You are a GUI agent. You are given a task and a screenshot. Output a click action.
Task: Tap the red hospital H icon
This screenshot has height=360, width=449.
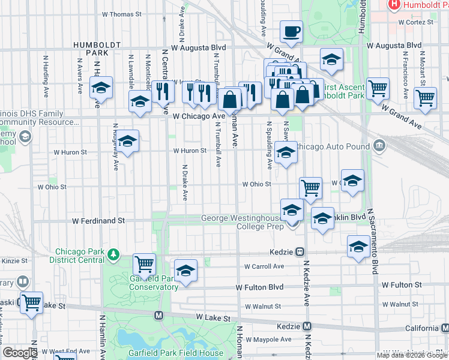coord(394,5)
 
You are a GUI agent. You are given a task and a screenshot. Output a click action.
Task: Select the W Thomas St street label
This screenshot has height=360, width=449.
coord(121,13)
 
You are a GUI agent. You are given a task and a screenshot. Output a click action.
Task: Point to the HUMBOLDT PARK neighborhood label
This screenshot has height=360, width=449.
coord(91,49)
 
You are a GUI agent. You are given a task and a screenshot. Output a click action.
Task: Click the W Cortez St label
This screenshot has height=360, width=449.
coord(411,22)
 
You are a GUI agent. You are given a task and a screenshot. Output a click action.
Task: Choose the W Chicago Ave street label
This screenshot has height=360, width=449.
coord(198,116)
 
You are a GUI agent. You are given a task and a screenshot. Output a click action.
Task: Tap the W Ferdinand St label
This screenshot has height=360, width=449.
coord(98,221)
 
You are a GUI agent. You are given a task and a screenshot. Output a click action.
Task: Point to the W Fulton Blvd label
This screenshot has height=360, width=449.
coord(259,288)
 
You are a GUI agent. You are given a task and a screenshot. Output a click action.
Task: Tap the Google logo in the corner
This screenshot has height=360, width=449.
coord(20,353)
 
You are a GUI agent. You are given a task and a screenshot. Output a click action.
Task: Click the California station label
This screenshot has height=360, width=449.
coord(421,328)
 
